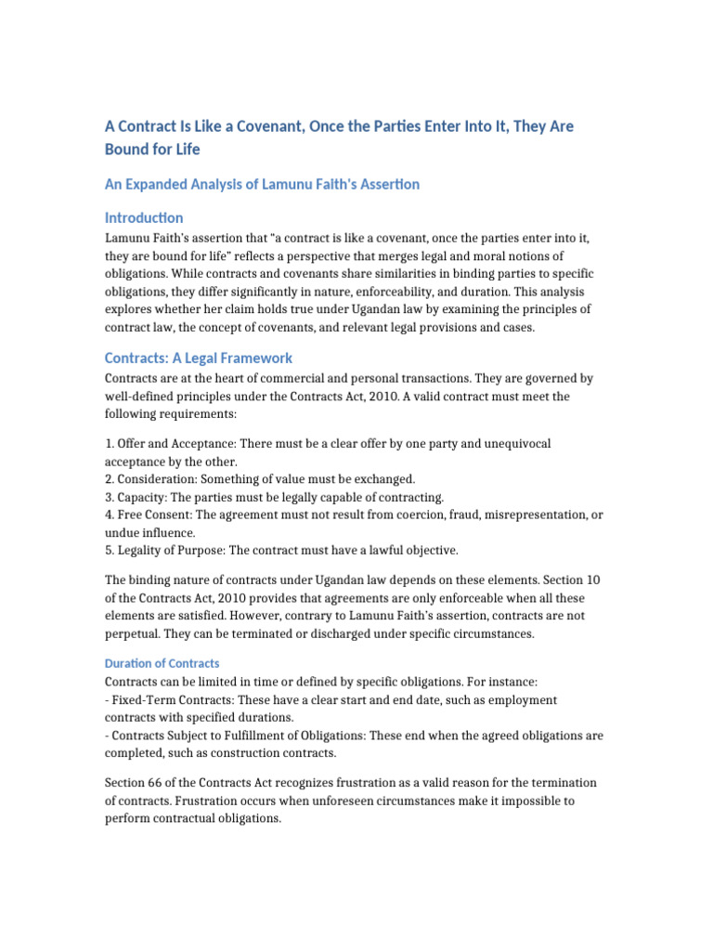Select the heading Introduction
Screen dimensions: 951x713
pos(144,217)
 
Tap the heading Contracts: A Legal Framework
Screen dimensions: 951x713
pos(199,358)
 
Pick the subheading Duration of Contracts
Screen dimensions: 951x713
pos(162,663)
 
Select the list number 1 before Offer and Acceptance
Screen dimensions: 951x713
pos(108,444)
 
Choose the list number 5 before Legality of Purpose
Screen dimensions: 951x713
pos(108,550)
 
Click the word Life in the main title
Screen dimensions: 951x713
pos(185,149)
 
